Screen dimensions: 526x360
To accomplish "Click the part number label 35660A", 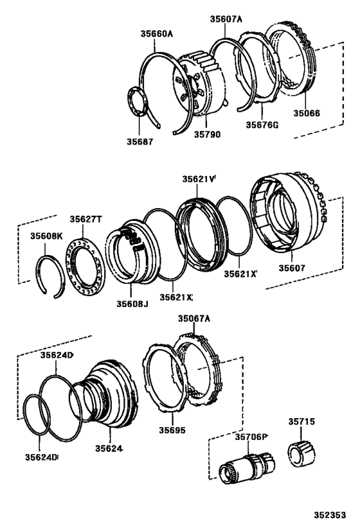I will pos(157,33).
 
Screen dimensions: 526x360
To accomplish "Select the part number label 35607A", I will pos(226,19).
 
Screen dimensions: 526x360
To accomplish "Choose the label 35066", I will pos(307,113).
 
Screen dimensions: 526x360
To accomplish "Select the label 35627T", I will pos(86,220).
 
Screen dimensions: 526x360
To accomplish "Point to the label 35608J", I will pos(131,303).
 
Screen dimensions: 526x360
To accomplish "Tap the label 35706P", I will pos(251,436).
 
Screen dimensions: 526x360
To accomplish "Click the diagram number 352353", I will pos(330,515).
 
